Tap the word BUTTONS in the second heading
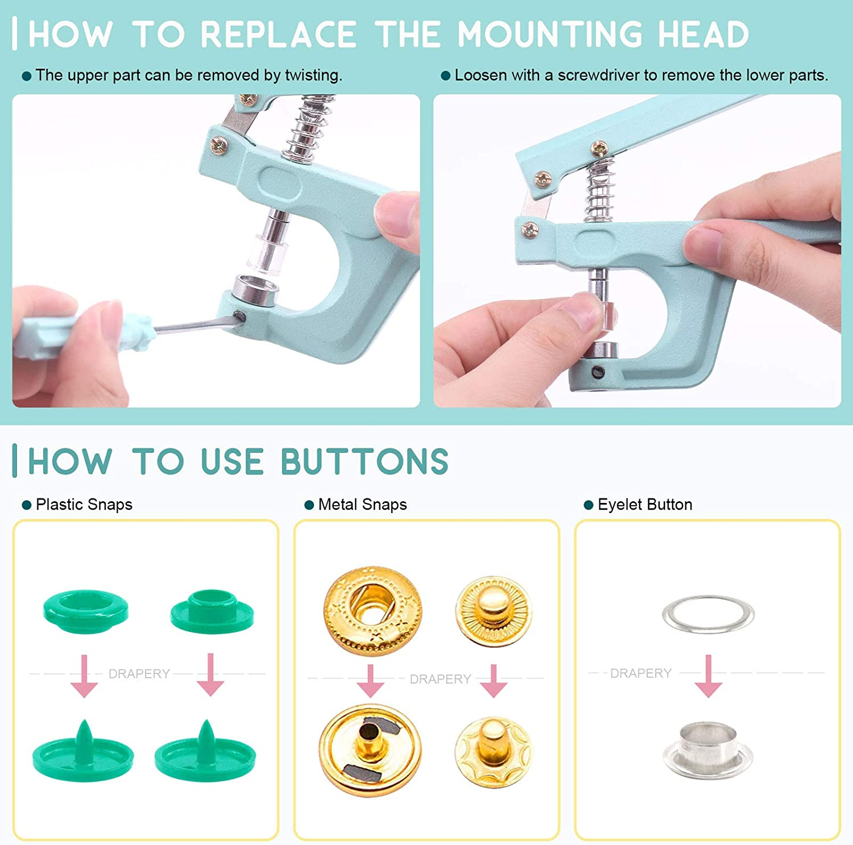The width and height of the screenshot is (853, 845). [365, 461]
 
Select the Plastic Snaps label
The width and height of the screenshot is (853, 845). [84, 505]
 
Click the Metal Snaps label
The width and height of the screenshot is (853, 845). [362, 505]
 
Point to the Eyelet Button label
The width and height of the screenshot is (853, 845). [645, 505]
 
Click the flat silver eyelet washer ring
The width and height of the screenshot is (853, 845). [708, 614]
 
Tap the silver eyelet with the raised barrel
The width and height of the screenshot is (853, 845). [708, 749]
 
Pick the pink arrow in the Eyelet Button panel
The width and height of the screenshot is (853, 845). [708, 677]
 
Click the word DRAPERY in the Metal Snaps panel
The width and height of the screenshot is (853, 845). [440, 679]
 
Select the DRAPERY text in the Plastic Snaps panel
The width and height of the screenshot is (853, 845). [139, 674]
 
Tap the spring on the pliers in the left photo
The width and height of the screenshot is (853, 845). [307, 131]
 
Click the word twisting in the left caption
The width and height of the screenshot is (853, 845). [312, 76]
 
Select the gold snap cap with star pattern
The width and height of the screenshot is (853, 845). [372, 610]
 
